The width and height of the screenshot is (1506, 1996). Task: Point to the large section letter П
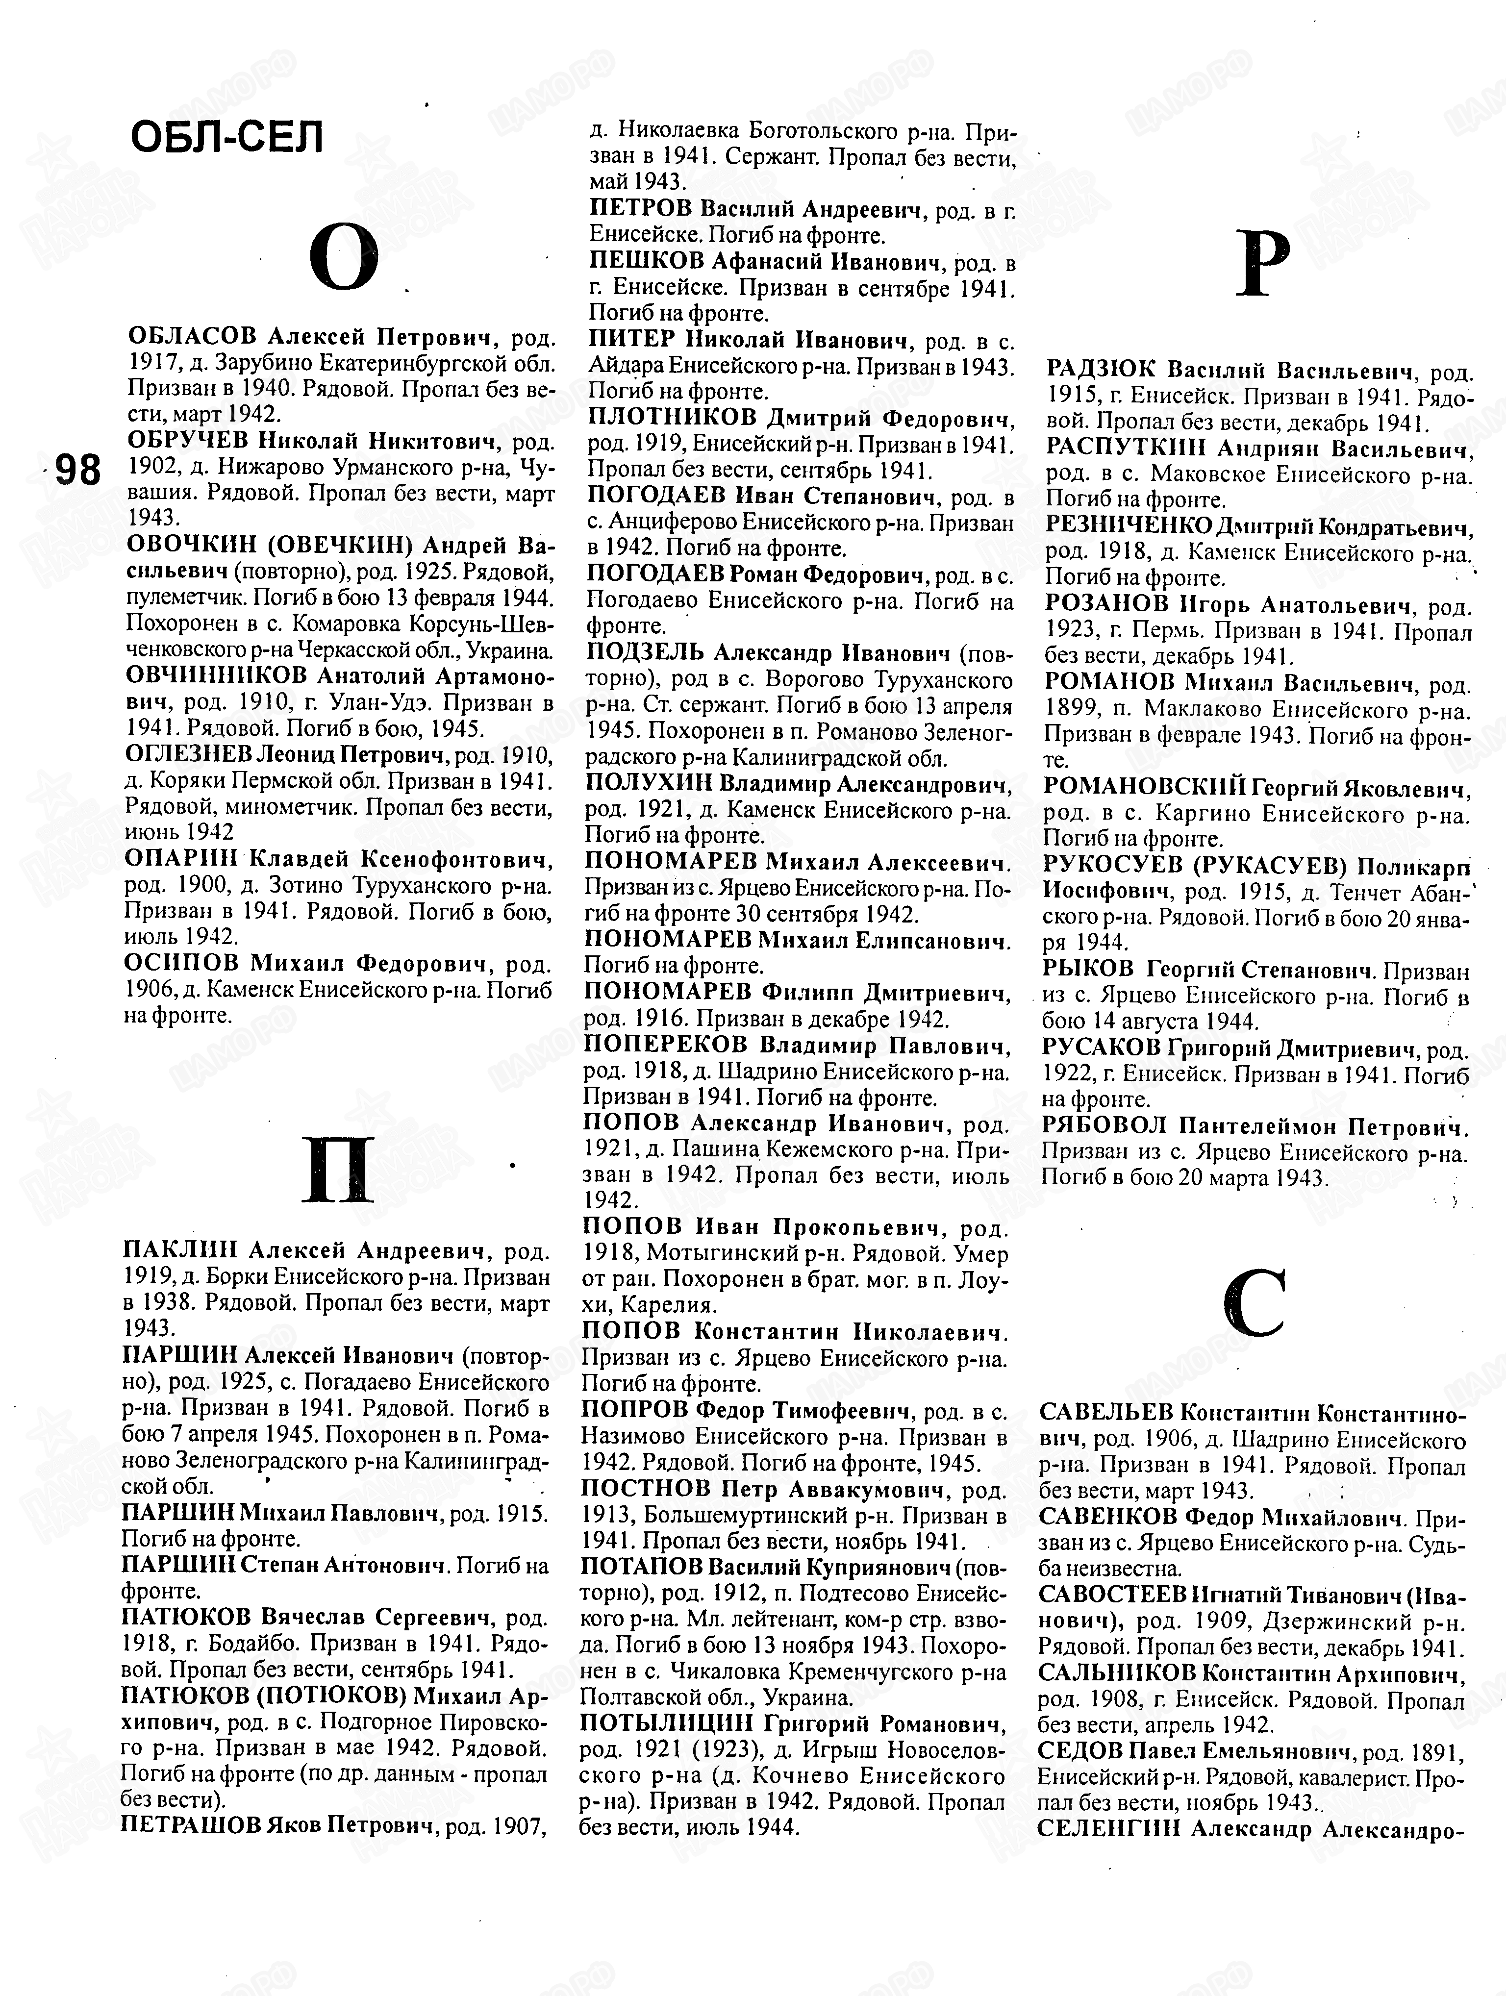pyautogui.click(x=337, y=1171)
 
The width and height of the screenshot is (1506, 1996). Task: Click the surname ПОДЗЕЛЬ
pyautogui.click(x=644, y=652)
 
